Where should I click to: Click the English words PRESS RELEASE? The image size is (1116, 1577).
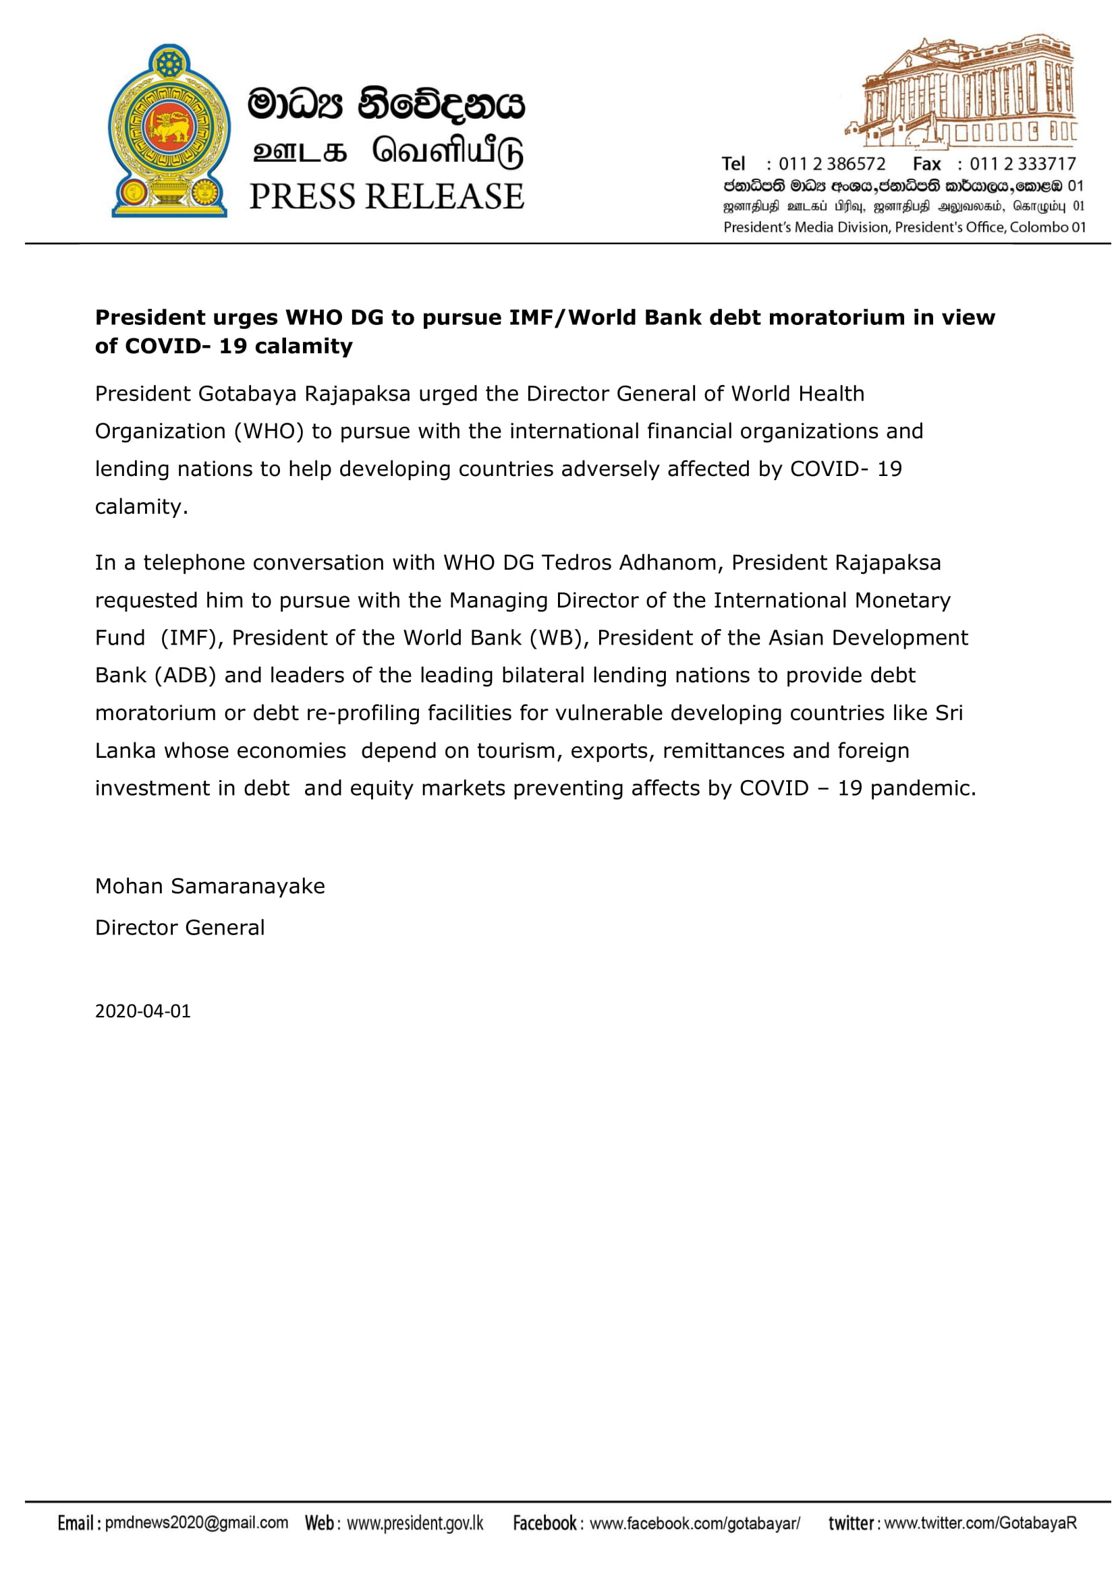click(386, 196)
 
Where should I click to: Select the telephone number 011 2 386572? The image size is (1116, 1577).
click(831, 164)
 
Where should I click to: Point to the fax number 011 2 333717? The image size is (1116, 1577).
click(1022, 164)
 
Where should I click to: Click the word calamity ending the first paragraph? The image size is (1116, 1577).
click(141, 507)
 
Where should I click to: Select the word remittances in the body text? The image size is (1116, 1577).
click(723, 750)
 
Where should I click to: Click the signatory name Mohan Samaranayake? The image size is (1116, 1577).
click(210, 886)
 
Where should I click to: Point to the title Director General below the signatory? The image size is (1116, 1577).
click(179, 928)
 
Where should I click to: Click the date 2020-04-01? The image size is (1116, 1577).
click(143, 1011)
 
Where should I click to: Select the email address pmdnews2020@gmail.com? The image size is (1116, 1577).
click(196, 1523)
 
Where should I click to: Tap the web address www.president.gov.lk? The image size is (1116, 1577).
click(415, 1524)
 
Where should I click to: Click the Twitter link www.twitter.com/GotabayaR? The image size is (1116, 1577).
click(980, 1524)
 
